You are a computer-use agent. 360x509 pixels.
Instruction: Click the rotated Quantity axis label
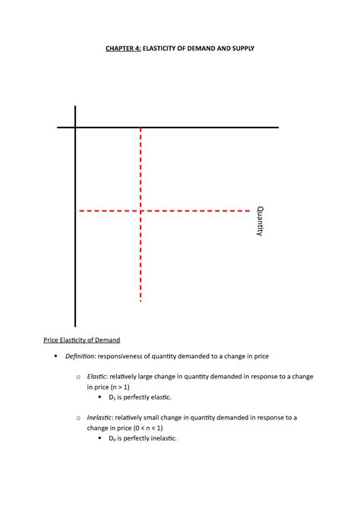[260, 221]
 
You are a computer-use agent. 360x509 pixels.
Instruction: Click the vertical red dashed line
[141, 258]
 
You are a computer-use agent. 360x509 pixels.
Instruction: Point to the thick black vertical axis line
[76, 266]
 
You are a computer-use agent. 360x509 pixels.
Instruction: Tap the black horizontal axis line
[213, 128]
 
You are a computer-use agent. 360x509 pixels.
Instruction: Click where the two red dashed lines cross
[141, 210]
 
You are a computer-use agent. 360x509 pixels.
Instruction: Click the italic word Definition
[78, 356]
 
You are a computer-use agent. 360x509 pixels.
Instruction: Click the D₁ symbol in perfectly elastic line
[112, 397]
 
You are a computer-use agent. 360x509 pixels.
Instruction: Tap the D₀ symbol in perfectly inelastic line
[112, 438]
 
